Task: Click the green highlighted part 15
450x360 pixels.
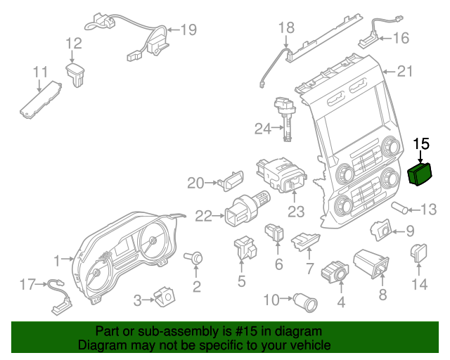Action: tap(420, 174)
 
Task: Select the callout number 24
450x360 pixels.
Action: tap(262, 129)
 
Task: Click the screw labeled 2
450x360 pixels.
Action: tap(197, 259)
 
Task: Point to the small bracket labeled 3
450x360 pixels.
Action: tap(165, 297)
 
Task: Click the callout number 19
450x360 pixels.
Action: tap(188, 30)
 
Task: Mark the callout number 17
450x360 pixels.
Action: tap(27, 285)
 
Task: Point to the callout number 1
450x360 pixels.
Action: tap(58, 262)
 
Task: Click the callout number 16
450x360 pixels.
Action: tap(400, 38)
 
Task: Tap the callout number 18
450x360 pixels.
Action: tap(285, 28)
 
